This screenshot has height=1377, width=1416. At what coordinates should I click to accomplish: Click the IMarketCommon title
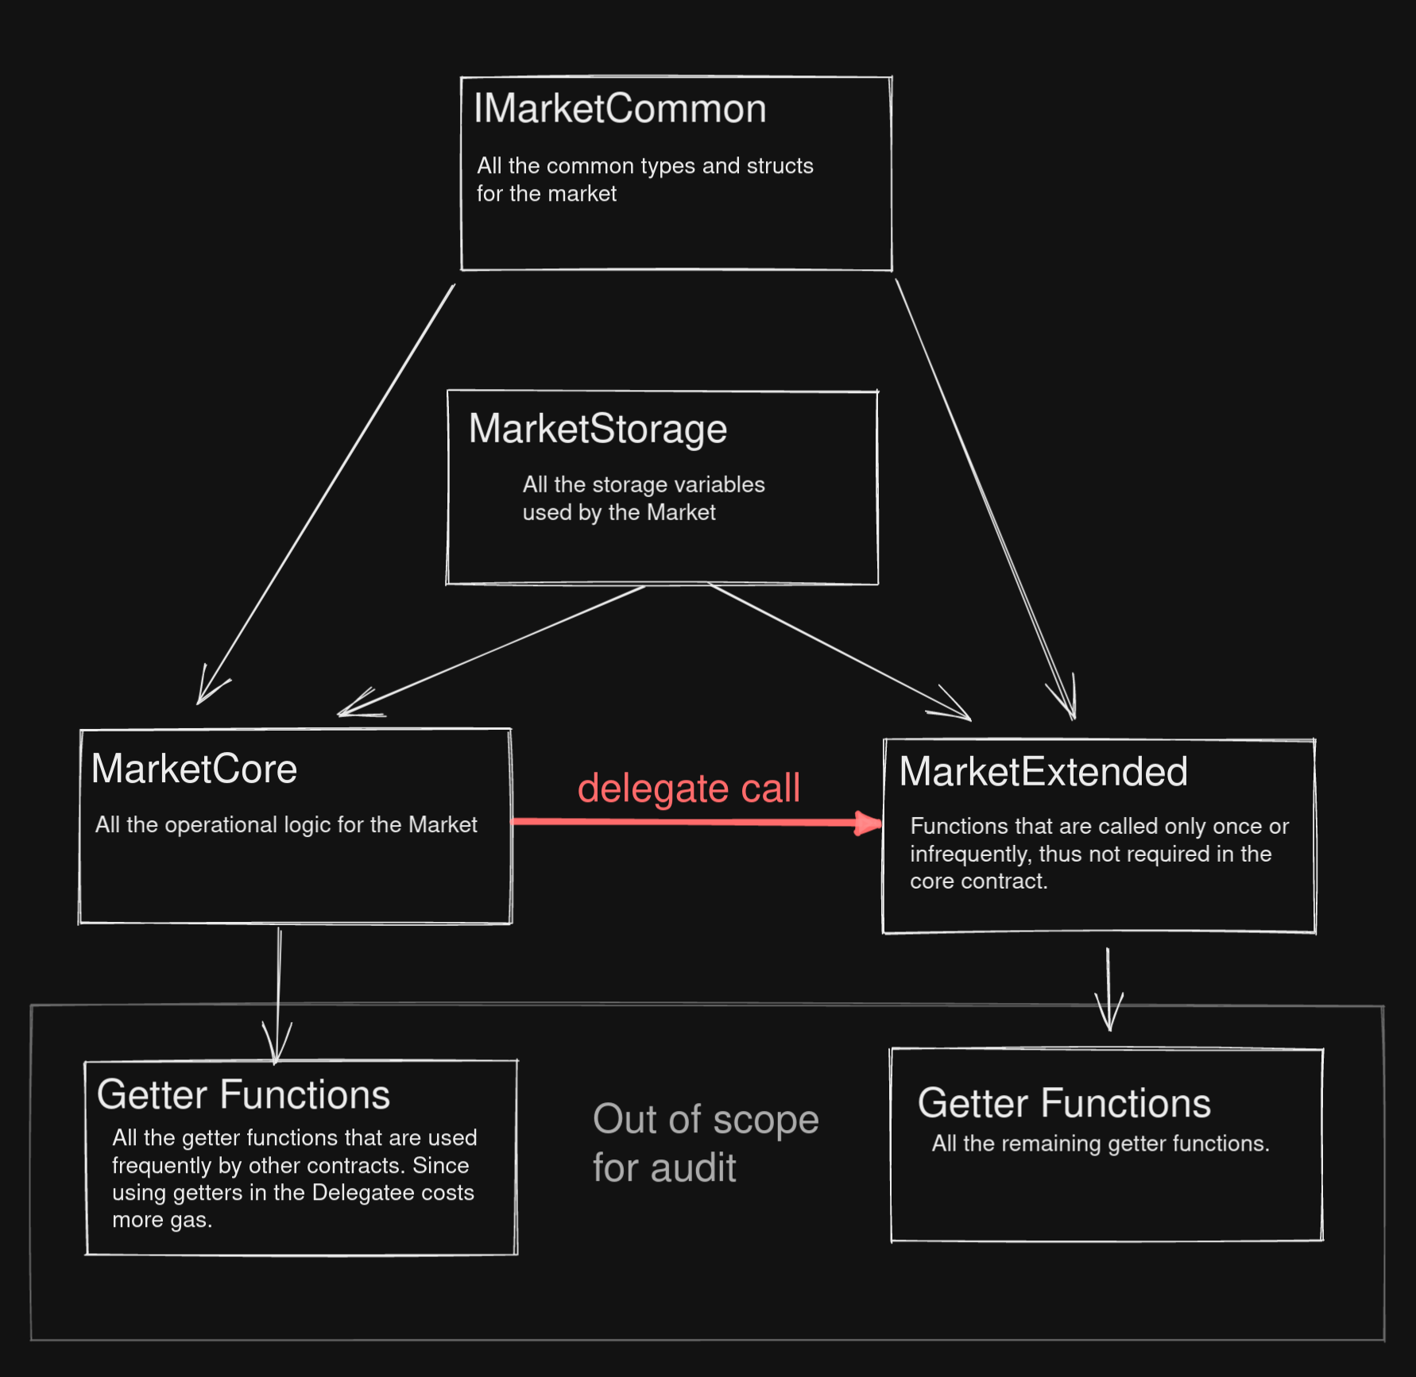[x=620, y=109]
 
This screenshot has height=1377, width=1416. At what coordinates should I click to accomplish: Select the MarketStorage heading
[x=598, y=430]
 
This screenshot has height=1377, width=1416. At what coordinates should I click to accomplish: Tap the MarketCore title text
[x=194, y=769]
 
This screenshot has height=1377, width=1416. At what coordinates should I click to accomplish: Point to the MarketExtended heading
[x=1043, y=771]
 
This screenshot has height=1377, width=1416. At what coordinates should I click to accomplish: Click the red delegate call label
[x=689, y=789]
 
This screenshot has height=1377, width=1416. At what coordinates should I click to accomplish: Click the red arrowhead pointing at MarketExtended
[x=869, y=823]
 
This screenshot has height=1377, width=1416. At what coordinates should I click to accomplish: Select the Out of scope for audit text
[x=706, y=1144]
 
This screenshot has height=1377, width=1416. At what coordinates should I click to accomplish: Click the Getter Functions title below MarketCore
[x=243, y=1095]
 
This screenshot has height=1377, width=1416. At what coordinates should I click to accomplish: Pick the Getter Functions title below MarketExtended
[x=1064, y=1103]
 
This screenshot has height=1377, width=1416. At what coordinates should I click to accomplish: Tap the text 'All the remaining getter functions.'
[x=1101, y=1144]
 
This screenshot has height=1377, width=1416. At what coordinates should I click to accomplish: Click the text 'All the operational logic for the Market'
[x=286, y=825]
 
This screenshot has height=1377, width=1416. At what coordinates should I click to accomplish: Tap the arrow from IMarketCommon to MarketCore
[x=326, y=494]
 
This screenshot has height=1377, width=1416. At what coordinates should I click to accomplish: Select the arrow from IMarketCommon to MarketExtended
[x=985, y=499]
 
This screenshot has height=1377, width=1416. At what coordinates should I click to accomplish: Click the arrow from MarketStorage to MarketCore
[x=491, y=651]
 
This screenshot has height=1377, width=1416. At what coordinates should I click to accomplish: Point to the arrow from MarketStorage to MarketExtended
[x=839, y=652]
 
